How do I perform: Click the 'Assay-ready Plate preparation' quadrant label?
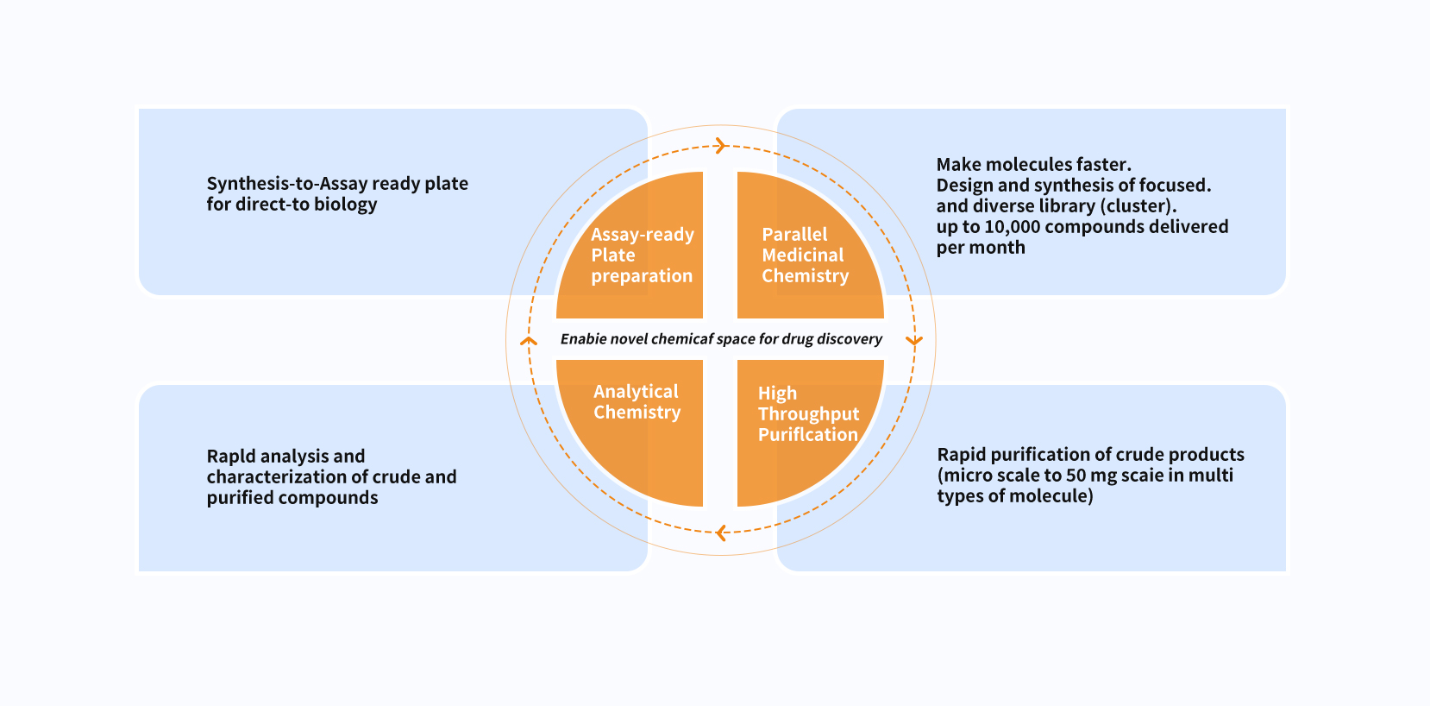[643, 255]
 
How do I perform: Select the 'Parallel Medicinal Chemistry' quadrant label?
[805, 255]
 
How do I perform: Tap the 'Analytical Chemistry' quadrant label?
[637, 402]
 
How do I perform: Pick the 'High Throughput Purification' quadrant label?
[808, 413]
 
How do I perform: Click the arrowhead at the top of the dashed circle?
[721, 146]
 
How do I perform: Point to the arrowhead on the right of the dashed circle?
[914, 341]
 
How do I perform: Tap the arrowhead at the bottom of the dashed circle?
[721, 533]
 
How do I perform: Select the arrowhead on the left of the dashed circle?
[529, 341]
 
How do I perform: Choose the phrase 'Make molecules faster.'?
[1033, 164]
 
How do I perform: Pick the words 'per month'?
[981, 248]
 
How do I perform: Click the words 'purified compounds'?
[292, 498]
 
